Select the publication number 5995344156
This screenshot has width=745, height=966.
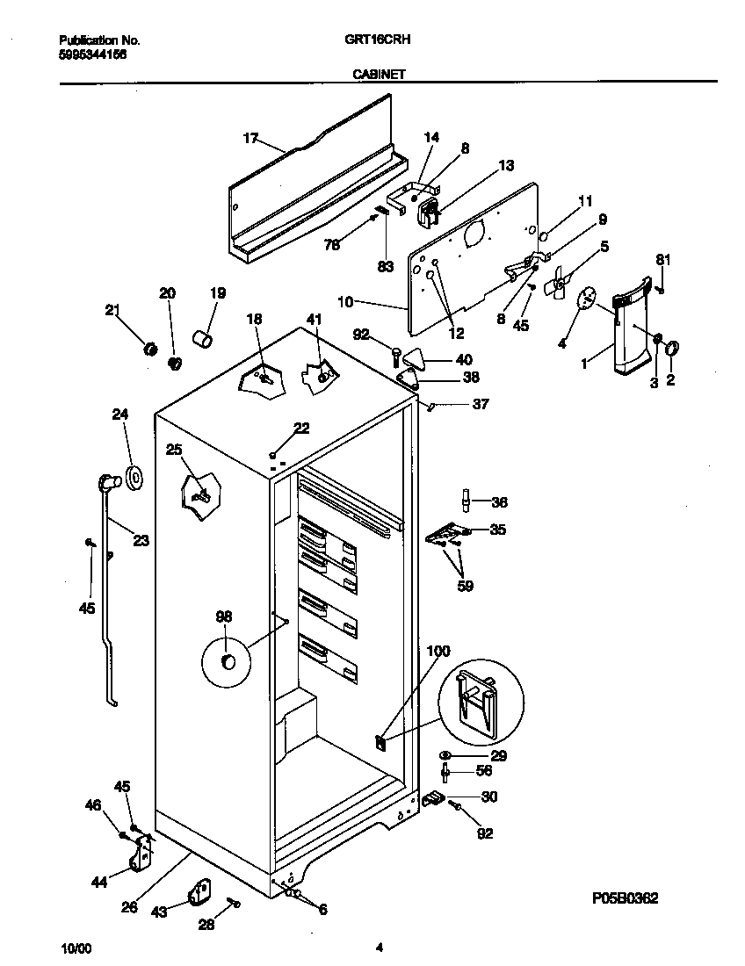click(92, 54)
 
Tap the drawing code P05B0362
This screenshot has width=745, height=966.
click(625, 898)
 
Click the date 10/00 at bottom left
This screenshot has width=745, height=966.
click(76, 948)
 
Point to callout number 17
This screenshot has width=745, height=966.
click(250, 138)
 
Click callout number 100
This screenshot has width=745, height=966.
click(438, 651)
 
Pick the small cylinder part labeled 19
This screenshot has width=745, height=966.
click(204, 337)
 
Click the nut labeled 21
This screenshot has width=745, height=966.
click(150, 350)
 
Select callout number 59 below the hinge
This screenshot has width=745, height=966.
click(466, 586)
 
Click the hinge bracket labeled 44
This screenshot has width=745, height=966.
click(141, 854)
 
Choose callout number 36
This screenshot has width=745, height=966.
click(499, 503)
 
